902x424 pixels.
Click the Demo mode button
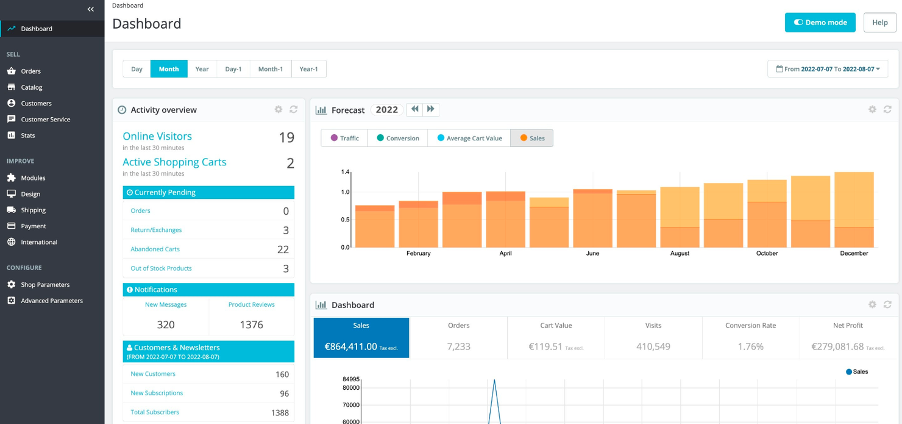coord(820,23)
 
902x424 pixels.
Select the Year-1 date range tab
coord(308,69)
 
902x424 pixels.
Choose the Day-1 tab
coord(233,69)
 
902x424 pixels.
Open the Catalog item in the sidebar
coord(32,87)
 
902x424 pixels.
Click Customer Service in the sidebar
coord(45,120)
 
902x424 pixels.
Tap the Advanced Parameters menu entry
coord(51,301)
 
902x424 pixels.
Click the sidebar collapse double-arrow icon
coord(91,9)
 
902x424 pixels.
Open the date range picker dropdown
coord(827,69)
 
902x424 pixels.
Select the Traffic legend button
coord(344,138)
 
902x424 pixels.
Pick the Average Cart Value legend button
coord(469,138)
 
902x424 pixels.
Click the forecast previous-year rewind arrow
coord(415,109)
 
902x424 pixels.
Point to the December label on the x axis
coord(853,253)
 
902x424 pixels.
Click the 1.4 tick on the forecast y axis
coord(345,173)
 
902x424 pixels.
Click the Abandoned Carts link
coord(155,249)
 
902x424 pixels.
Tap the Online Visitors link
coord(157,136)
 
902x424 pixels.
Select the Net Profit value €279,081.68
coord(837,347)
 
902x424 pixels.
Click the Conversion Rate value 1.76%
coord(750,347)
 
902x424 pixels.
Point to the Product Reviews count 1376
coord(251,325)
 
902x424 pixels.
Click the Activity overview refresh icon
coord(293,110)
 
